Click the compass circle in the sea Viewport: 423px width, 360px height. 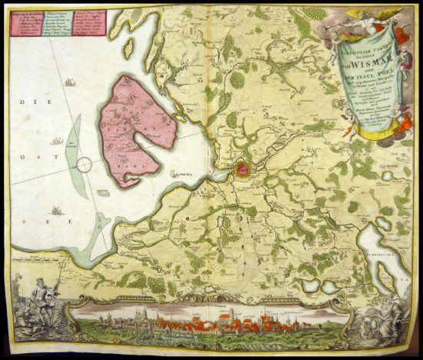click(83, 164)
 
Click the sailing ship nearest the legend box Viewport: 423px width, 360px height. click(68, 82)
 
